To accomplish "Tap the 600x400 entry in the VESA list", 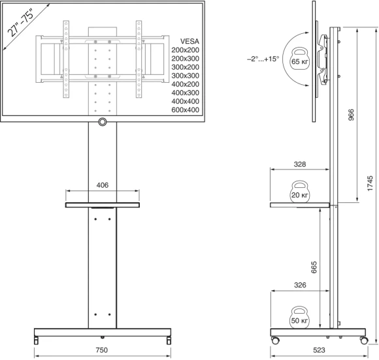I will pyautogui.click(x=185, y=110).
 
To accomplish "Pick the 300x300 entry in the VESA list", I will pyautogui.click(x=185, y=75).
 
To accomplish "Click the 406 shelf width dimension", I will pyautogui.click(x=103, y=185).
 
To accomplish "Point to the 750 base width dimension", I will pyautogui.click(x=103, y=350).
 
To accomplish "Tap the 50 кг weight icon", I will pyautogui.click(x=299, y=317).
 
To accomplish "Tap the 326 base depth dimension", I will pyautogui.click(x=299, y=285).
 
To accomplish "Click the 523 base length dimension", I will pyautogui.click(x=319, y=350).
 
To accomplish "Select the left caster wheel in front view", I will pyautogui.click(x=37, y=340).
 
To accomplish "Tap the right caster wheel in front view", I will pyautogui.click(x=169, y=340).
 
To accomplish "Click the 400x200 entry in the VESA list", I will pyautogui.click(x=185, y=84).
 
